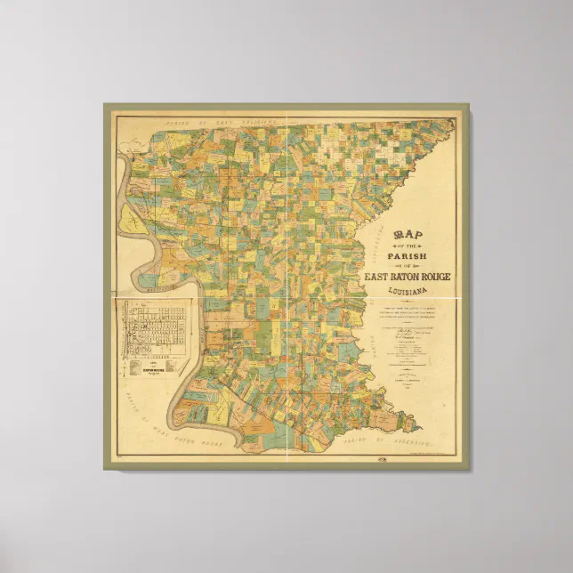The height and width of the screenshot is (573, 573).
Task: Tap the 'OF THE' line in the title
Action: click(408, 246)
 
